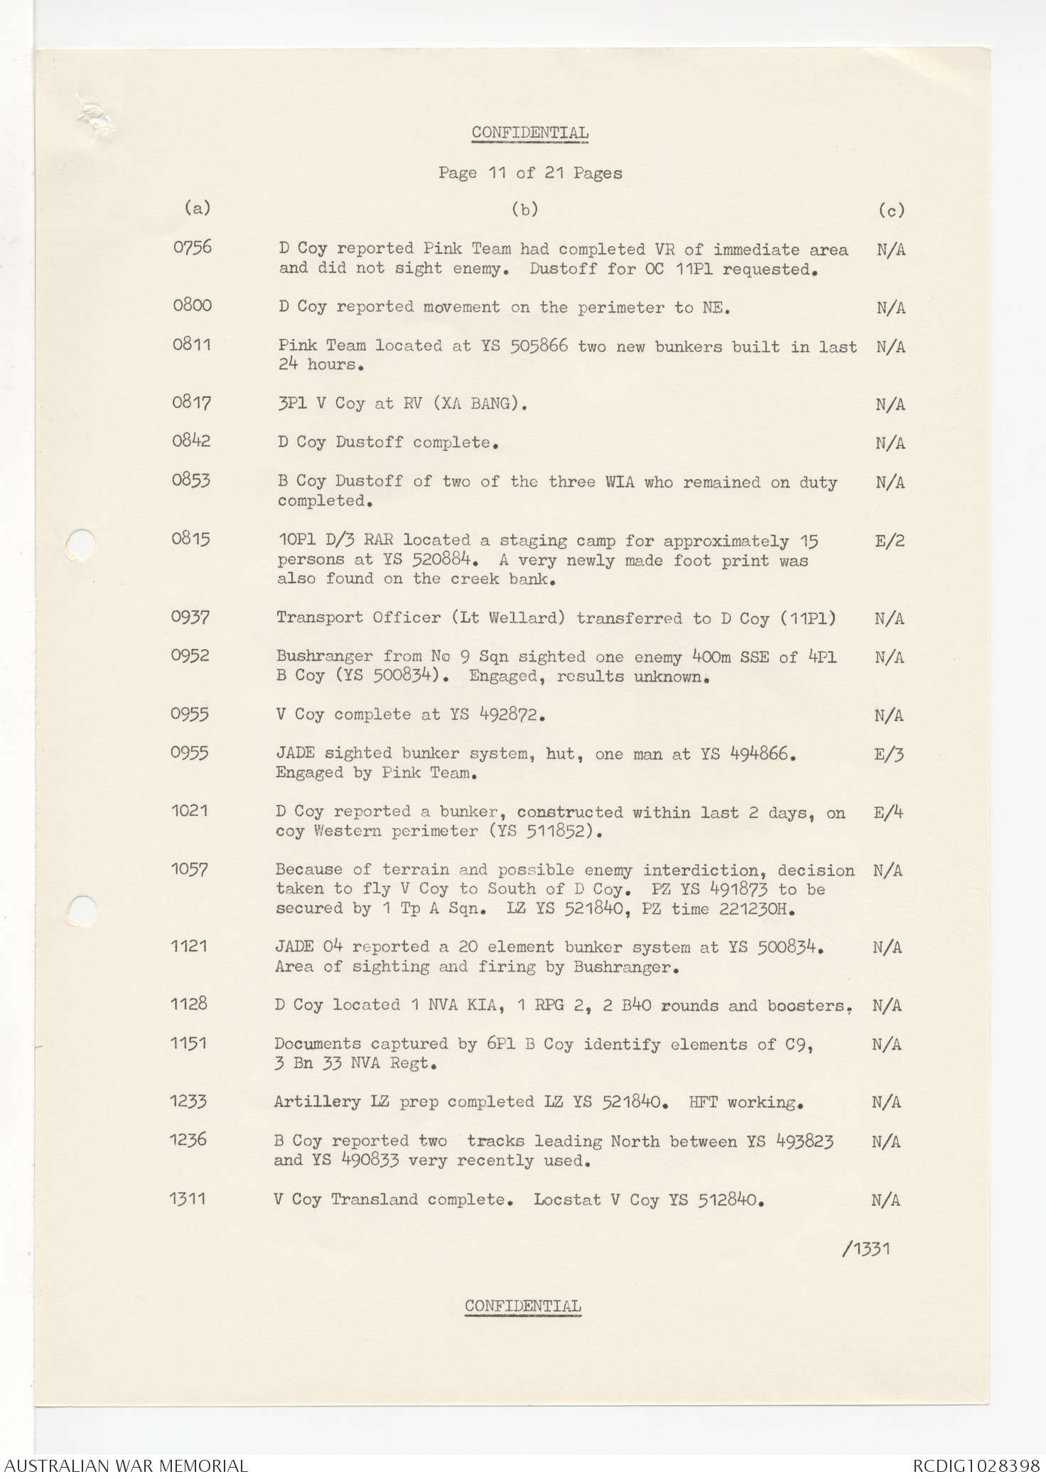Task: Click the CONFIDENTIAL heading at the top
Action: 530,133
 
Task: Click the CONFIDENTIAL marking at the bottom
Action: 523,1306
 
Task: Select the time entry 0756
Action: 193,247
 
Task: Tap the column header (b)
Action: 525,209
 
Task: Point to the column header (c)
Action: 891,210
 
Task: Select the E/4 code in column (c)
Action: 888,812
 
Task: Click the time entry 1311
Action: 188,1198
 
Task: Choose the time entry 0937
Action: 190,617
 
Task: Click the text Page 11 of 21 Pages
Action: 530,173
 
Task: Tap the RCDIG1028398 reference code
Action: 976,1465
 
